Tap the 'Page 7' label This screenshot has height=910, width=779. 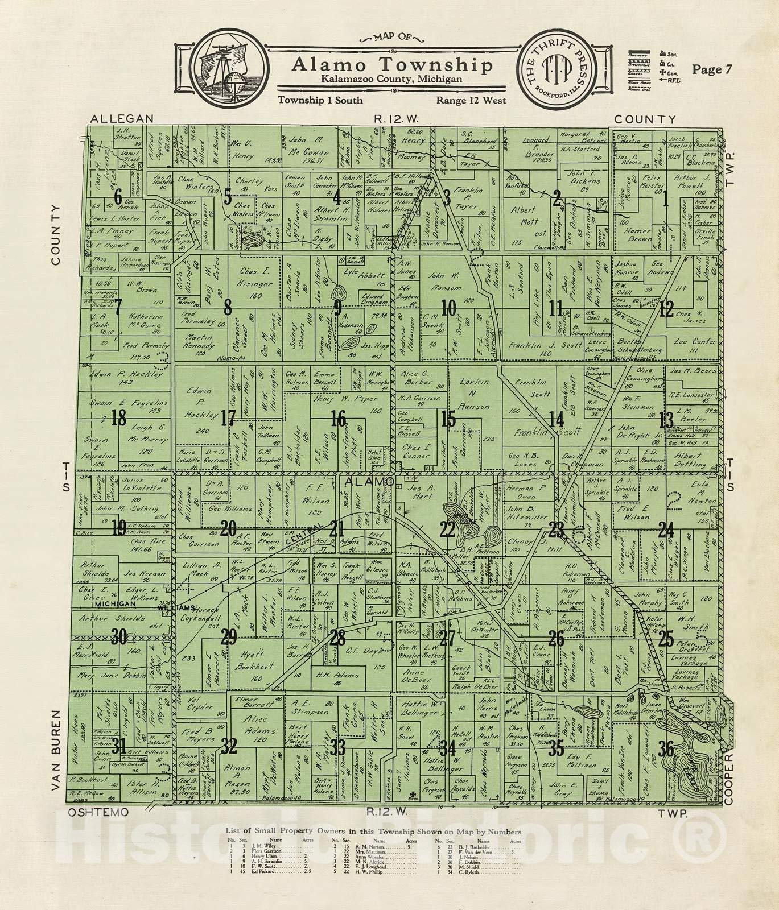(x=712, y=69)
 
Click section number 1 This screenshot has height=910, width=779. (x=665, y=198)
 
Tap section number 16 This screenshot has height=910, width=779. (x=339, y=420)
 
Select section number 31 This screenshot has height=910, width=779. (x=119, y=746)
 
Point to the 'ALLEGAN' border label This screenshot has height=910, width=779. (x=122, y=118)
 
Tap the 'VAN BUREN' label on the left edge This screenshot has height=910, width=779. (x=56, y=750)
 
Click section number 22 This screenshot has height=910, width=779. (x=448, y=530)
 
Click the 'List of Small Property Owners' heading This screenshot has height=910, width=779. (x=373, y=832)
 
